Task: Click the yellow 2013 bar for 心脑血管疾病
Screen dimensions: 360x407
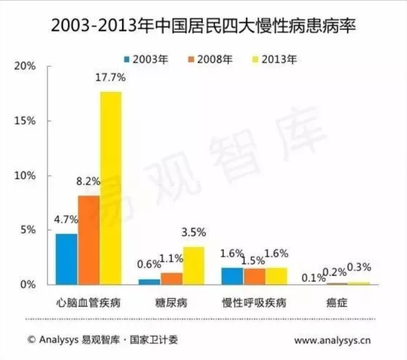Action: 111,187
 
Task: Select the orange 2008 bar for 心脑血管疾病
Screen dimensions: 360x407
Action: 88,239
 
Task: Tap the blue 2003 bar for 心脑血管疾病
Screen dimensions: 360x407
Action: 66,258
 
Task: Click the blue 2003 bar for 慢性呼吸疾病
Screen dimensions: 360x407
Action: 232,276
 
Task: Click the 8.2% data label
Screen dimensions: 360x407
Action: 88,181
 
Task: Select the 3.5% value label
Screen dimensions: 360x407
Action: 194,233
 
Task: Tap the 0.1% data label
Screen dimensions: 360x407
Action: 314,277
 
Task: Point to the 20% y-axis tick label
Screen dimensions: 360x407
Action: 25,66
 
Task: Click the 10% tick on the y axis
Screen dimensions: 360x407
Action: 25,175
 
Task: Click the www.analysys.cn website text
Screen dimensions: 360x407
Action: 333,340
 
